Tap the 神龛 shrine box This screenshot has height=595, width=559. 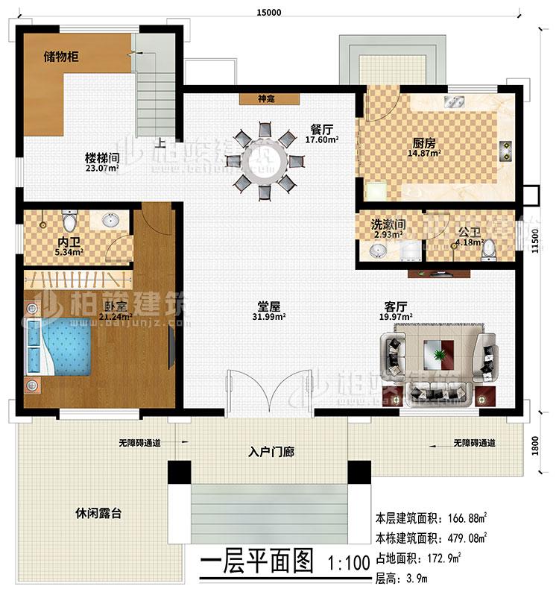[269, 98]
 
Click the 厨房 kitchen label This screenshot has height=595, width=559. [426, 145]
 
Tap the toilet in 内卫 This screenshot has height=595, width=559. [70, 221]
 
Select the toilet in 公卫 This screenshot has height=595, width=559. [489, 251]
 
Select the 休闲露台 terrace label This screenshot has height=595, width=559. [98, 514]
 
